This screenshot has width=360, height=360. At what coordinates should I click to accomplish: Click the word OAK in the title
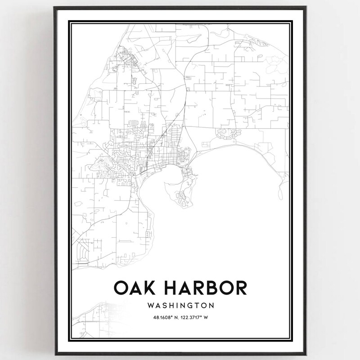click(133, 288)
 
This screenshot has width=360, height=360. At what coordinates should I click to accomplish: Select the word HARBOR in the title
click(205, 288)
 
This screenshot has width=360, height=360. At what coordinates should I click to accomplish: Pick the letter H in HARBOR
click(169, 288)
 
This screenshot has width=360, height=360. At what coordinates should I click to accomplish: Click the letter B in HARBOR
click(212, 288)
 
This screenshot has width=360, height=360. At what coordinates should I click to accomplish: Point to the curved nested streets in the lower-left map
click(83, 250)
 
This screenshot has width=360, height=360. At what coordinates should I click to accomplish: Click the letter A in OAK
click(133, 288)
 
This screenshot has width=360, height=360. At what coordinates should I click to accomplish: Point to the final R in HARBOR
click(241, 288)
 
